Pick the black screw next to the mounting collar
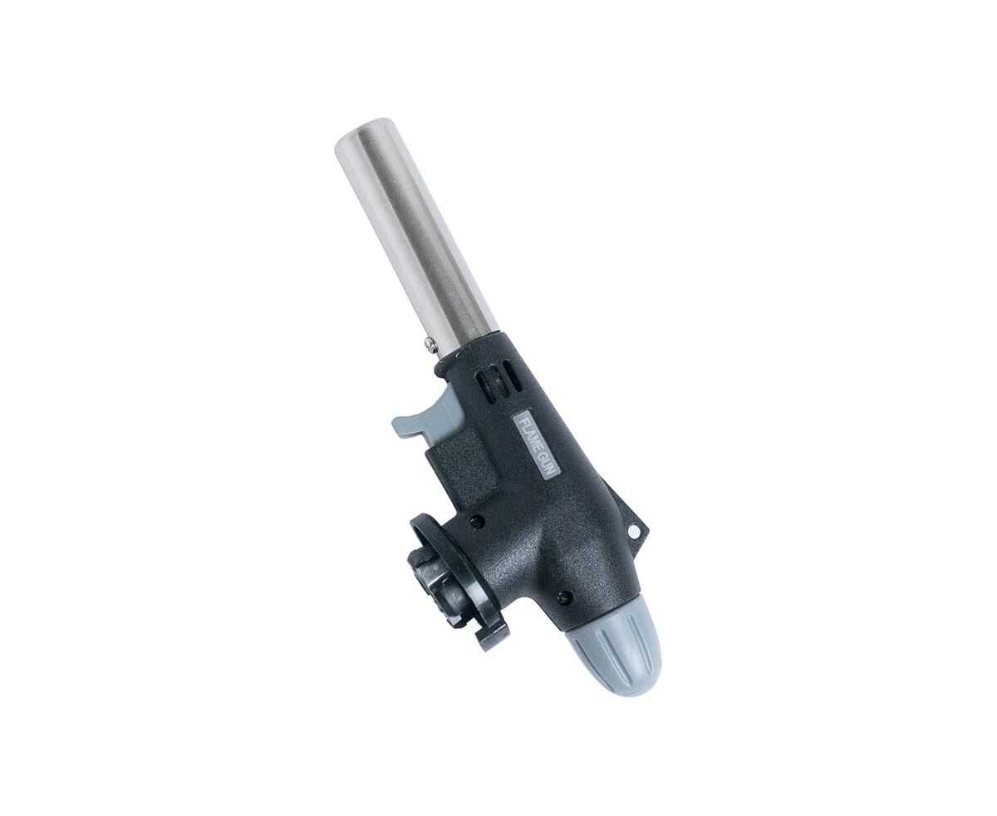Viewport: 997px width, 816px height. pyautogui.click(x=478, y=521)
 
